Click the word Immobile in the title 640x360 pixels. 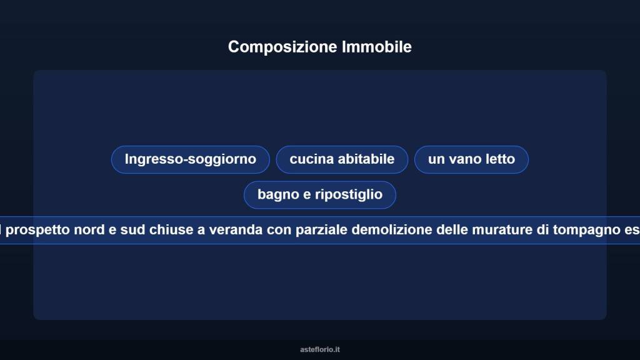point(377,47)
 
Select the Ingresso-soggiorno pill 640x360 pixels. point(191,159)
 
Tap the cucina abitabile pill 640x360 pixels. point(342,159)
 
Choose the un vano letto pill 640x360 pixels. point(471,159)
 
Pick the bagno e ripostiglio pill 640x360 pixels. point(320,195)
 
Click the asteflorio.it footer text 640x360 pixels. point(320,349)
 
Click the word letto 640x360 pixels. point(500,159)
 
